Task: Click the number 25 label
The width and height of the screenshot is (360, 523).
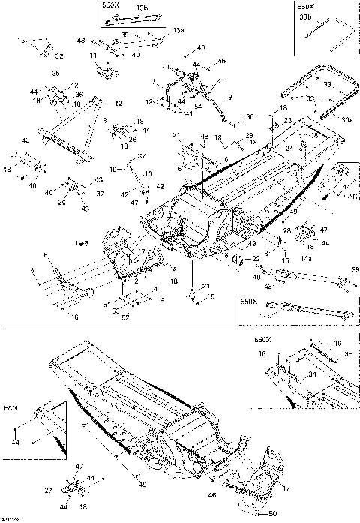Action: point(55,74)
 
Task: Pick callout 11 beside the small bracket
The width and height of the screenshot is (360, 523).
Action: point(93,56)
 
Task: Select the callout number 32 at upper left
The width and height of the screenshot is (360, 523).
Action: point(59,56)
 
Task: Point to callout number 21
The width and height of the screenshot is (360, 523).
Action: point(177,135)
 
